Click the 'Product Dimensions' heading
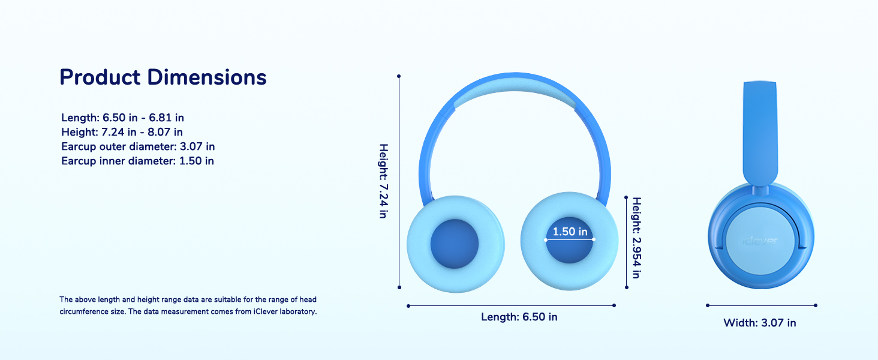[x=163, y=77]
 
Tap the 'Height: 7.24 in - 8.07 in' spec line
[x=122, y=132]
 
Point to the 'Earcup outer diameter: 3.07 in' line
[x=138, y=146]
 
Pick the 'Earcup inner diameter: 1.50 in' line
[x=137, y=161]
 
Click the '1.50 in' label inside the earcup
[x=570, y=232]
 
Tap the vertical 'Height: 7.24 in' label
[x=384, y=181]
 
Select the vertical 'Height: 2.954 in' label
[x=636, y=238]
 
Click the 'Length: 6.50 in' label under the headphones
[x=519, y=317]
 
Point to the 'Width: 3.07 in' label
[x=760, y=323]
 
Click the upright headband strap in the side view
[x=760, y=132]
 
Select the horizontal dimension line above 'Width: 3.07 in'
[x=762, y=305]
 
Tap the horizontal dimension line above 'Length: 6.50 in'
[x=511, y=305]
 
